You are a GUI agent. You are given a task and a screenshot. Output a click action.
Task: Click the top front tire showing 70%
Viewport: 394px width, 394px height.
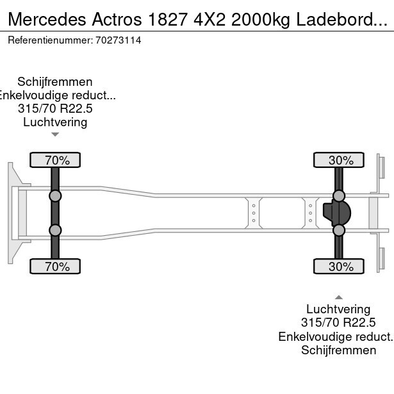55,160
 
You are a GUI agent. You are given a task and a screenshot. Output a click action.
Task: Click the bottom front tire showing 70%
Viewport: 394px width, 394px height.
55,267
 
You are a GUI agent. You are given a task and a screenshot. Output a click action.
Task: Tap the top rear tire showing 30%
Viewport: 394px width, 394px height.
339,160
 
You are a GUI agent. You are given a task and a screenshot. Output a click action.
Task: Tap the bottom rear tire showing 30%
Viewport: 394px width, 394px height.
339,267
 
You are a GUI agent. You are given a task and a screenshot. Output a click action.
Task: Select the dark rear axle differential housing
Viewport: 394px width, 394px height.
337,213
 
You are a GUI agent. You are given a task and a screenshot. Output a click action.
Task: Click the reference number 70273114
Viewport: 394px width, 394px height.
118,40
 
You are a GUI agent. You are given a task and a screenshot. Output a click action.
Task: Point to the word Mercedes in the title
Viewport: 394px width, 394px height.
47,19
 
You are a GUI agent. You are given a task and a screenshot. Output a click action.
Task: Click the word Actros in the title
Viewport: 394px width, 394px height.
117,19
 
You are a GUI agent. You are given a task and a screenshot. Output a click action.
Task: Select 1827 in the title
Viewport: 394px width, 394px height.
168,19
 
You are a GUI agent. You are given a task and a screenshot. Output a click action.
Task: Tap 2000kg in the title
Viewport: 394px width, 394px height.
261,19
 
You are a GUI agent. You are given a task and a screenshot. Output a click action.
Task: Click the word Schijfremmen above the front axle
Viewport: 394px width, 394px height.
55,82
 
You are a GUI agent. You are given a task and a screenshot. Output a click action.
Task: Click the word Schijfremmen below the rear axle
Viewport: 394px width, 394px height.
339,350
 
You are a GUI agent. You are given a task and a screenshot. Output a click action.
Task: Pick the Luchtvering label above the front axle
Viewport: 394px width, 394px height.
55,122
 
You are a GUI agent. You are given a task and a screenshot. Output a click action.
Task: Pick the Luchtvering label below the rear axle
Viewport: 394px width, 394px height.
338,309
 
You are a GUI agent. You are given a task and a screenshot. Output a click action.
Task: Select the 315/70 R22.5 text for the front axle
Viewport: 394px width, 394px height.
55,109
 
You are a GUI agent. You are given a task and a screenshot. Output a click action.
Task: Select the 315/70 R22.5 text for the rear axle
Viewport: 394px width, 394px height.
338,323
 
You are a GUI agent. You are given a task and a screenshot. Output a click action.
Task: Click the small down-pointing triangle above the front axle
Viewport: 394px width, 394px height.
55,135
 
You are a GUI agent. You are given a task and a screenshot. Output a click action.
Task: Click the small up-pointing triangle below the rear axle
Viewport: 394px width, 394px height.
339,297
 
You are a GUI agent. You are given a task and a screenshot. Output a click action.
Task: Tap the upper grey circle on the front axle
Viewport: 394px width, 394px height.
55,196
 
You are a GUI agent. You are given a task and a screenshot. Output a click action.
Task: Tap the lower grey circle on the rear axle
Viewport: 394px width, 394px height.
339,230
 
